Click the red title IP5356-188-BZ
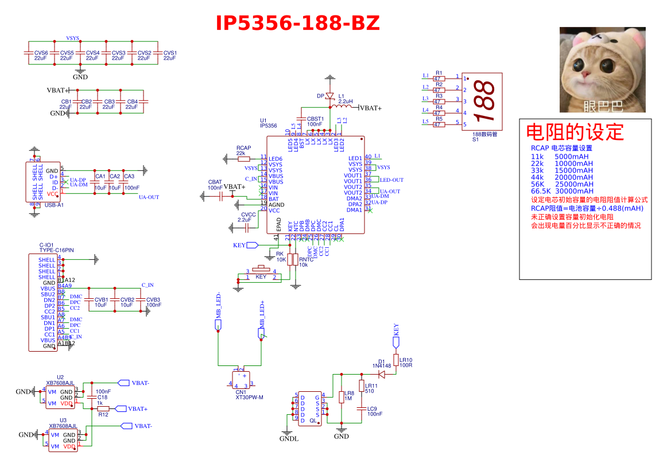click(x=297, y=23)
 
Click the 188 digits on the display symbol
click(x=486, y=101)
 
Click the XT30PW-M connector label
click(x=249, y=397)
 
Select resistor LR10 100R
click(x=395, y=360)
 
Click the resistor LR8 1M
click(x=342, y=397)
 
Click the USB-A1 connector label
click(x=54, y=204)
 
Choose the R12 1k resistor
click(x=103, y=408)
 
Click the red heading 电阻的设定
click(x=575, y=132)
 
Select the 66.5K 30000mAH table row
click(x=562, y=191)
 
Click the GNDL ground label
click(x=289, y=439)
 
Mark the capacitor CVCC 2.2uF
click(x=248, y=228)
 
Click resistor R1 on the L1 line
click(x=439, y=79)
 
